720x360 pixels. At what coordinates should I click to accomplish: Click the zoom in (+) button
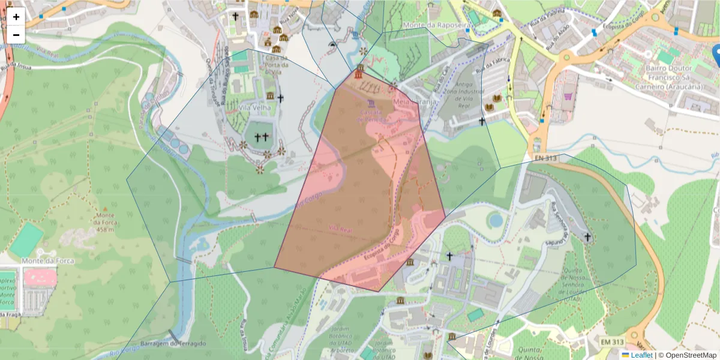(16, 17)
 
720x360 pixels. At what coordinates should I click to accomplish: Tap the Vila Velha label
(255, 108)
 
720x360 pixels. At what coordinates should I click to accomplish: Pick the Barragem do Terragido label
(173, 343)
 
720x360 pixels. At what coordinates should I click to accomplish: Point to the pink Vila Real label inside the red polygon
(340, 229)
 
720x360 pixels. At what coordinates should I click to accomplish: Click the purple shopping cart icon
(568, 95)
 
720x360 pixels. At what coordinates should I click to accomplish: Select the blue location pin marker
(715, 55)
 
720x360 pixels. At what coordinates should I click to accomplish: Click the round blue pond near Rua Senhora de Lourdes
(496, 220)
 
